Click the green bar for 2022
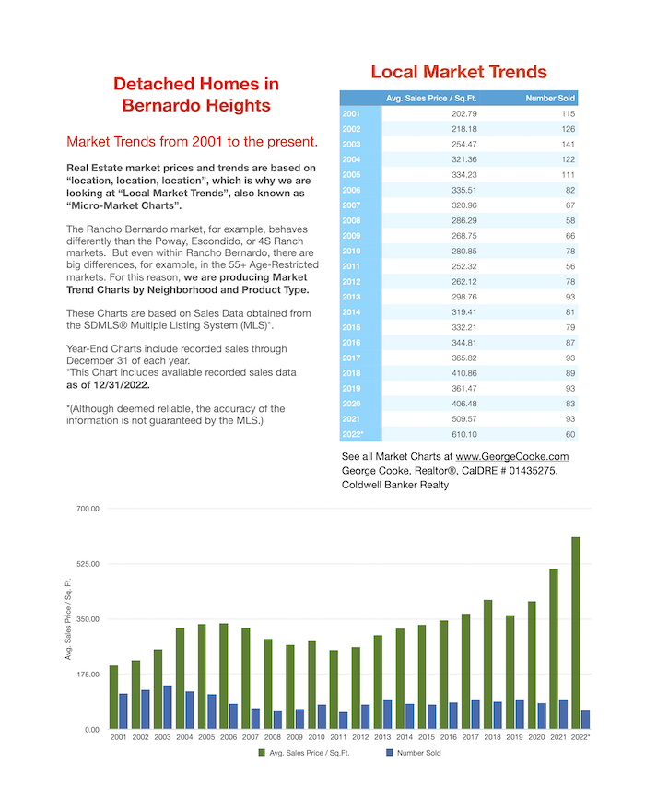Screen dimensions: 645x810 point(576,633)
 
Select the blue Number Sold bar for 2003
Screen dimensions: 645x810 point(168,707)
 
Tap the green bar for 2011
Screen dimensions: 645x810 point(334,689)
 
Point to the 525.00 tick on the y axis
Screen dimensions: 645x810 point(88,564)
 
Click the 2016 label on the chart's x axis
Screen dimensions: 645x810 point(448,737)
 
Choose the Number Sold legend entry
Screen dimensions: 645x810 point(414,753)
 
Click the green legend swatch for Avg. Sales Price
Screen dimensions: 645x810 point(262,753)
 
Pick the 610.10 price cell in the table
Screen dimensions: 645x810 point(464,434)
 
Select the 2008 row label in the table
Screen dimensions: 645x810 point(351,220)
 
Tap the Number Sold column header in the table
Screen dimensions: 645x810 point(550,99)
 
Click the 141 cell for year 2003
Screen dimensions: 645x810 point(568,144)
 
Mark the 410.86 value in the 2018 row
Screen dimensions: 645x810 point(464,373)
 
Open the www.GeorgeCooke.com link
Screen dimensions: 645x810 point(512,457)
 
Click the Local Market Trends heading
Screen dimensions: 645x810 point(459,72)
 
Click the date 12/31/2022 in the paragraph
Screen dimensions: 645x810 point(122,385)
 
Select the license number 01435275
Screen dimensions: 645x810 point(534,471)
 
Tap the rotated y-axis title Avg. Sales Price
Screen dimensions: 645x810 point(68,619)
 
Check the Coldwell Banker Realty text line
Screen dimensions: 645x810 point(395,485)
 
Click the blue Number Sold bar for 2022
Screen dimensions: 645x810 point(586,720)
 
